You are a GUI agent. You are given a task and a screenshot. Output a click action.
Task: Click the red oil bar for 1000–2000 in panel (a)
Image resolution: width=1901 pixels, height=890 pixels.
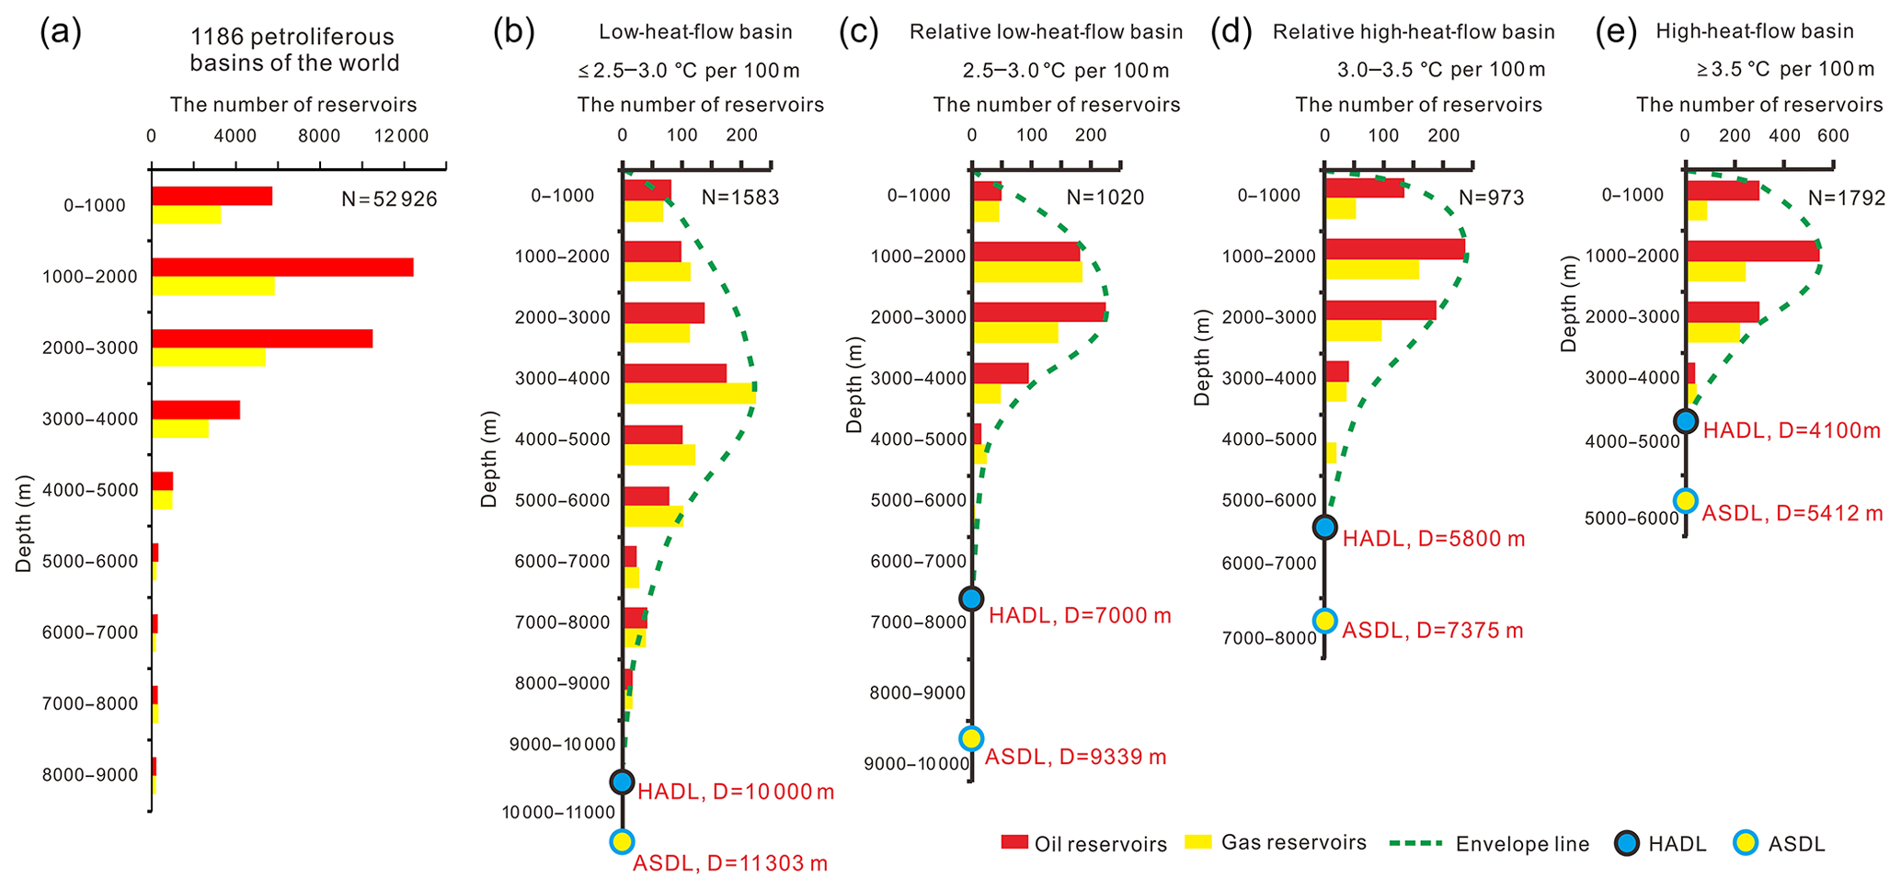(282, 268)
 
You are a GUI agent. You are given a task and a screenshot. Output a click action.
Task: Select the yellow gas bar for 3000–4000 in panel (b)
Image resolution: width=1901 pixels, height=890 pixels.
(690, 394)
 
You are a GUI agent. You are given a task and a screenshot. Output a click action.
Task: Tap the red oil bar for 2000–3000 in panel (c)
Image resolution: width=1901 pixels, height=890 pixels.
(1039, 313)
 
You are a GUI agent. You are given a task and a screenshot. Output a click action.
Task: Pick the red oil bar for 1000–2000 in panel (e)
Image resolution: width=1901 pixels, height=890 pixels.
(1752, 251)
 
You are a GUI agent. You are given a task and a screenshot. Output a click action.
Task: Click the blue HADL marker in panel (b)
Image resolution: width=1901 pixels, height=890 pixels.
(623, 782)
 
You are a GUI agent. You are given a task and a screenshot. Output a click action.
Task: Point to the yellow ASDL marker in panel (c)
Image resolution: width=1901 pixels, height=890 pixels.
(971, 738)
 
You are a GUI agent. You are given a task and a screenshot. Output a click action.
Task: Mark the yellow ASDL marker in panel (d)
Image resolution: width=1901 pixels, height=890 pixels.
(1325, 621)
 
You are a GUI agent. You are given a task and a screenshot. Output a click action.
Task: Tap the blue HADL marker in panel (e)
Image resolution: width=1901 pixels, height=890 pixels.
(1686, 421)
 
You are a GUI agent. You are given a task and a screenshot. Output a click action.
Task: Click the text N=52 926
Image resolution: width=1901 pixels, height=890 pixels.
(389, 199)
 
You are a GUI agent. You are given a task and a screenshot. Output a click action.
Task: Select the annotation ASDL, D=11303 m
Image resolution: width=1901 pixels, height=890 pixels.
(730, 863)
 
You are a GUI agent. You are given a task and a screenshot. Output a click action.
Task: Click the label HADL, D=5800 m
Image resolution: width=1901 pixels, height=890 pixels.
(1433, 539)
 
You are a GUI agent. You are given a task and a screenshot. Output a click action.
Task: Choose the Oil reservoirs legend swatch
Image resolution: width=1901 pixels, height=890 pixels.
(1014, 842)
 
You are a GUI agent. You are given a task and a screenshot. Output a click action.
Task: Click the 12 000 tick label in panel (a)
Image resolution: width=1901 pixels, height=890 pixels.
(406, 136)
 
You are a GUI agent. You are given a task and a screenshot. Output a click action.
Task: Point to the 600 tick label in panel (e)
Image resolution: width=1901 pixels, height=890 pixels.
(1833, 136)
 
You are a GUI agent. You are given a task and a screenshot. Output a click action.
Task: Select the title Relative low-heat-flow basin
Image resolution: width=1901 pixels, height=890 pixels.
(1046, 32)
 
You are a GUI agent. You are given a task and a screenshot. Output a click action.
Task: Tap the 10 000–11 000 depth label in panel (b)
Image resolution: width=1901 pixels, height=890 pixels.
(557, 812)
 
